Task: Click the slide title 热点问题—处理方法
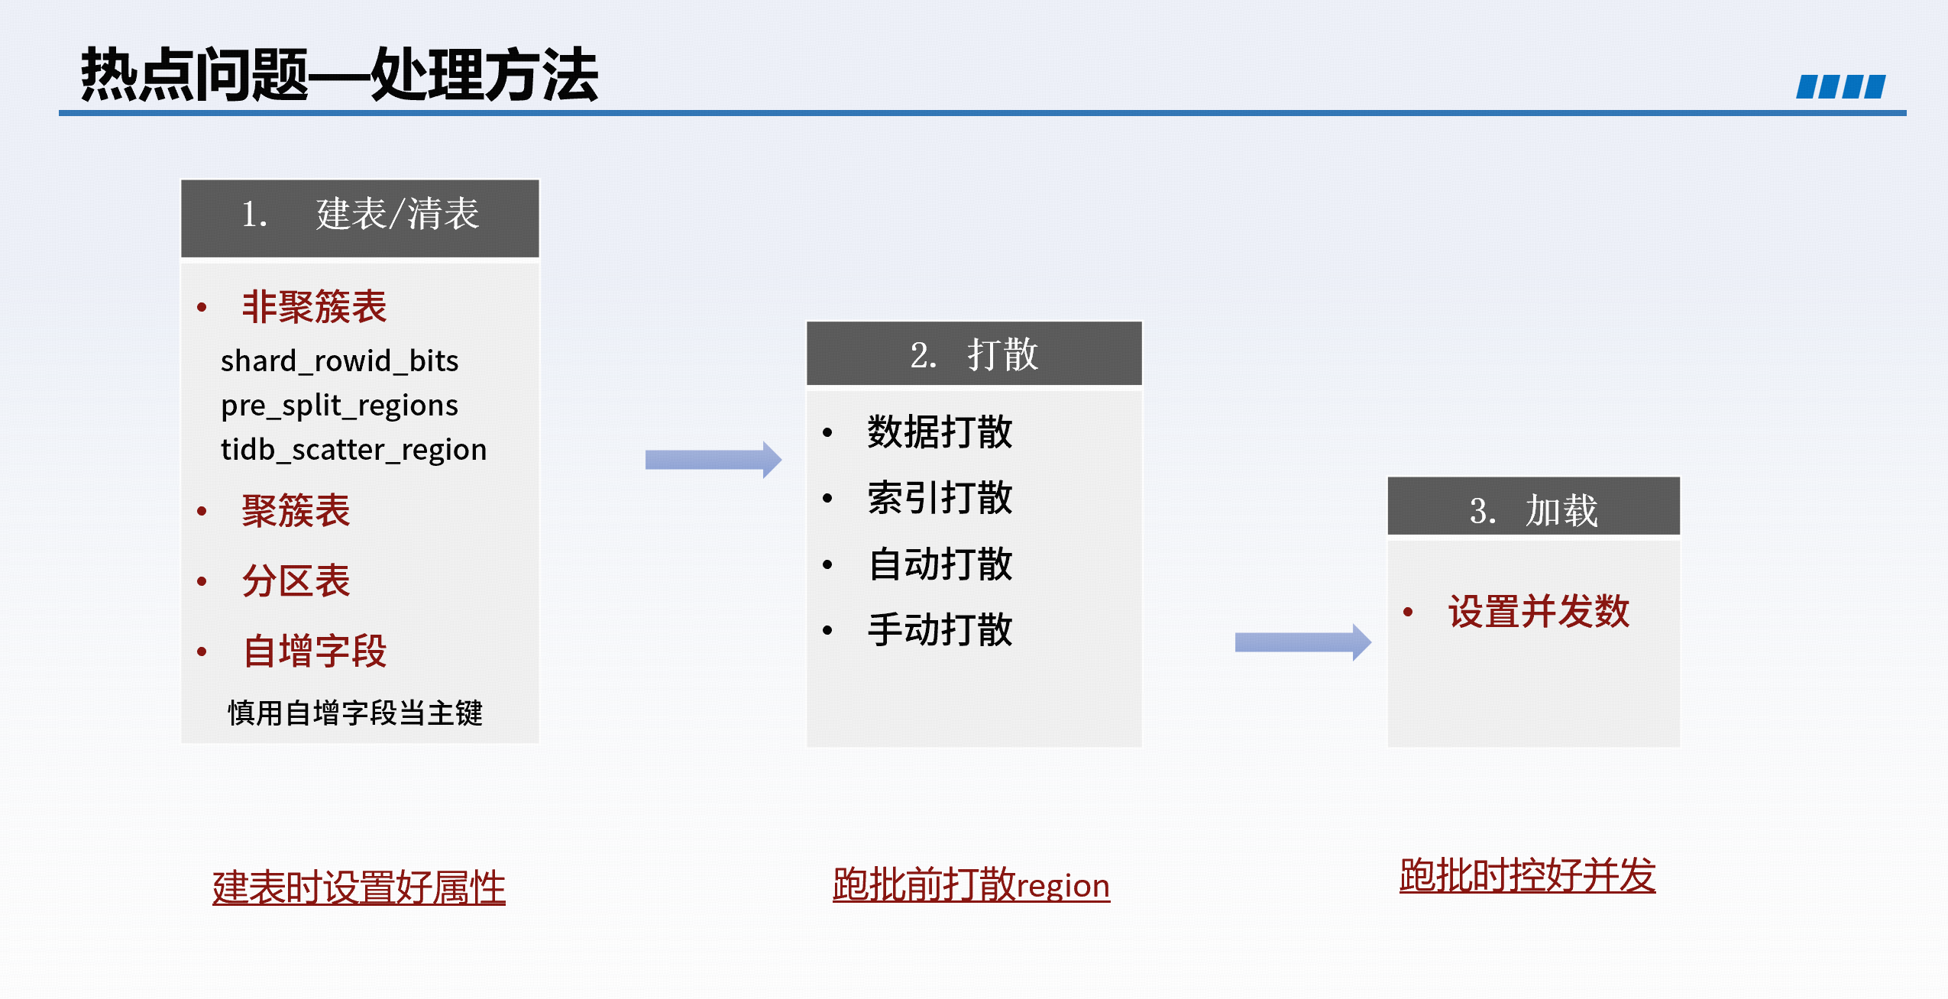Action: pos(339,75)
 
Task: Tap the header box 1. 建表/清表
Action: pos(360,218)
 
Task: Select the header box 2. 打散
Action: pos(974,354)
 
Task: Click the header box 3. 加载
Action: pos(1533,506)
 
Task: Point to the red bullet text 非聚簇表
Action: pos(315,307)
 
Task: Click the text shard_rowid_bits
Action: pos(340,361)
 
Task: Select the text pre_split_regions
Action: pos(340,406)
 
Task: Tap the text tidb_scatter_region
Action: pos(354,450)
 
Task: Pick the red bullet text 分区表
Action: pos(296,581)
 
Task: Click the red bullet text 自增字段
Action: pos(315,651)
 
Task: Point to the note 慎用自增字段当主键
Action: pos(355,713)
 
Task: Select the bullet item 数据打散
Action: pos(940,432)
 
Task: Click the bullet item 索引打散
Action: pos(940,498)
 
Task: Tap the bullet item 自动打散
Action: pos(940,564)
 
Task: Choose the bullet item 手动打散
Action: pos(940,630)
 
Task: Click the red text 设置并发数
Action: pos(1539,612)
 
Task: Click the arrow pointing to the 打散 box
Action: pos(714,460)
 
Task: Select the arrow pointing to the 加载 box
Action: pos(1303,642)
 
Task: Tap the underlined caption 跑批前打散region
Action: pos(971,885)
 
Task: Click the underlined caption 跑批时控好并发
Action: pos(1528,875)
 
